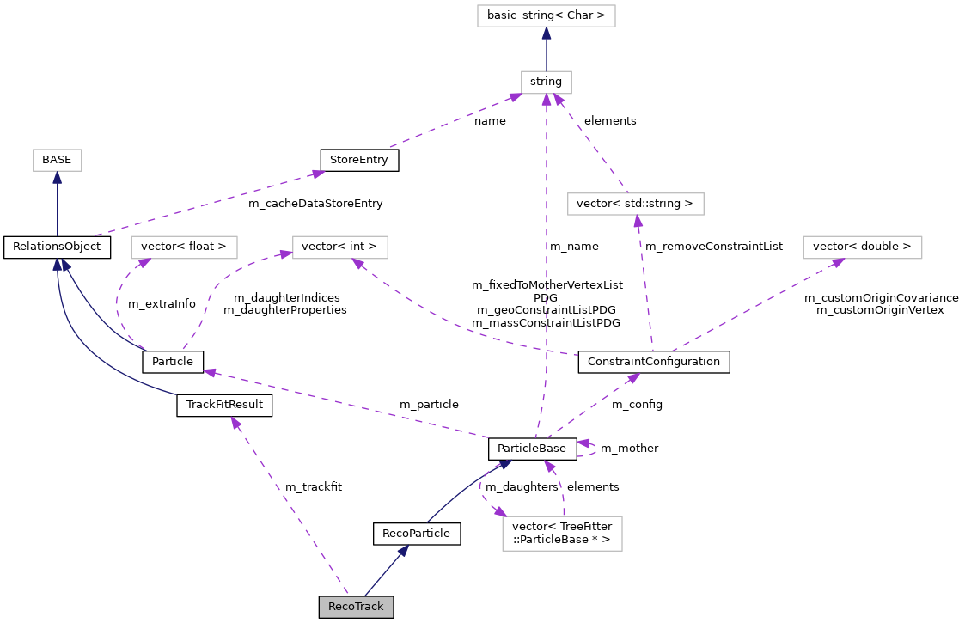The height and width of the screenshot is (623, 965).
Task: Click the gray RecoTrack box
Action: tap(356, 607)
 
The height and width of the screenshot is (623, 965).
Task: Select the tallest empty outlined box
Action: tap(562, 534)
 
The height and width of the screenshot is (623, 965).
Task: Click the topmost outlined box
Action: tap(546, 15)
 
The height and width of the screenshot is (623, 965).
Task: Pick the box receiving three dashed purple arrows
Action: tap(546, 82)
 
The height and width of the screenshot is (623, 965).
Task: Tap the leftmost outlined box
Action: tap(58, 160)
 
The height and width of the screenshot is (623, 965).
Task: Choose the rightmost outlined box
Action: tap(862, 247)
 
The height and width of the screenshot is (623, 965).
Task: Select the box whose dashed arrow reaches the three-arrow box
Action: tap(635, 204)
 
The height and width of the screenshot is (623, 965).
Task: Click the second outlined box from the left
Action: tap(184, 247)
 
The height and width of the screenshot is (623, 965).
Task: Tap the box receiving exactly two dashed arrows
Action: tap(339, 247)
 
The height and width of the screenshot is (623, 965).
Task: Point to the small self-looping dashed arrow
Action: tap(591, 449)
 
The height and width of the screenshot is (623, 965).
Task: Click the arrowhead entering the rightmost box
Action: tap(837, 262)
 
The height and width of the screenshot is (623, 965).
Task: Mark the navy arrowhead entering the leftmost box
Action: tap(58, 178)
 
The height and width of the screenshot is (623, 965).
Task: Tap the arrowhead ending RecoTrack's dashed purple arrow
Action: tap(235, 423)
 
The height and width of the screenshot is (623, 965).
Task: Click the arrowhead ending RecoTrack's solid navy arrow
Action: tap(403, 550)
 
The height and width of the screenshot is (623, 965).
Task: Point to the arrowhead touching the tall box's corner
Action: tap(500, 512)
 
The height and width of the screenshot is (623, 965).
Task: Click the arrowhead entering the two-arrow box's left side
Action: tap(286, 253)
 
